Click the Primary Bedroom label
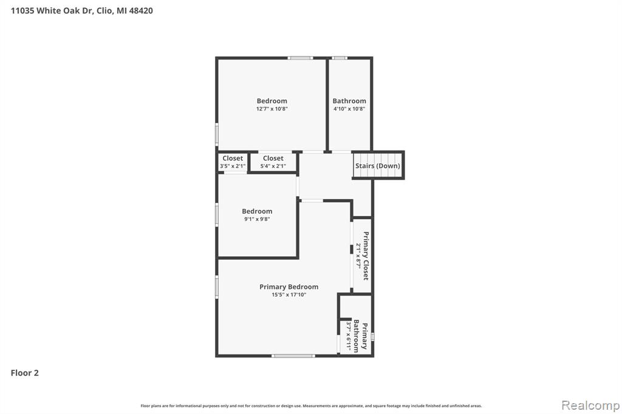[289, 287]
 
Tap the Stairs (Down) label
[378, 166]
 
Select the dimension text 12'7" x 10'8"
[272, 109]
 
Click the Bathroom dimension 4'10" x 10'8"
[349, 109]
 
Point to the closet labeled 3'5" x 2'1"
[233, 162]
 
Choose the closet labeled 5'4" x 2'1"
[273, 162]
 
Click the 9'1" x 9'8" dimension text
[257, 219]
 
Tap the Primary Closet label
[366, 256]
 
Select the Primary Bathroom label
[361, 336]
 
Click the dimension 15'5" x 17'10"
[289, 294]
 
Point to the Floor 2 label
[24, 373]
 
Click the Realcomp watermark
[590, 406]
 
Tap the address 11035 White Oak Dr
[51, 11]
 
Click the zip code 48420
[141, 11]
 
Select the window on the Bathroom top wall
[340, 58]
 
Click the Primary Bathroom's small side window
[372, 337]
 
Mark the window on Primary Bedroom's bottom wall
[293, 356]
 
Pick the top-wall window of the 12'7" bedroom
[300, 58]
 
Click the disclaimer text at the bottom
[311, 406]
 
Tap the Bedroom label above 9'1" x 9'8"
[257, 211]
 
